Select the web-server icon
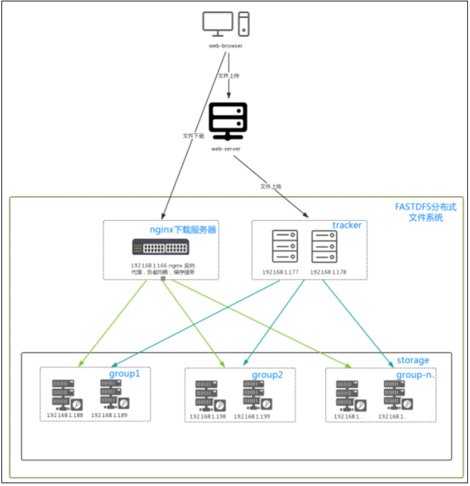click(228, 121)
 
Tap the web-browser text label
click(226, 46)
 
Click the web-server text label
click(226, 149)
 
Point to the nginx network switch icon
click(161, 247)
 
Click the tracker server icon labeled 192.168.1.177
click(285, 246)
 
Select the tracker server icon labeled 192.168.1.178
click(324, 246)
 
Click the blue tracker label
click(347, 225)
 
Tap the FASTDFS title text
click(426, 212)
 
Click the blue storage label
click(413, 360)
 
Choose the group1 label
click(124, 374)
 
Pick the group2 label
click(267, 375)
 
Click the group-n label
click(415, 375)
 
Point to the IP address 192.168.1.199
click(252, 417)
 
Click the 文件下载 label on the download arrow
click(193, 136)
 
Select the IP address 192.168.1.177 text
click(280, 272)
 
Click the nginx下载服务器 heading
click(183, 230)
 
